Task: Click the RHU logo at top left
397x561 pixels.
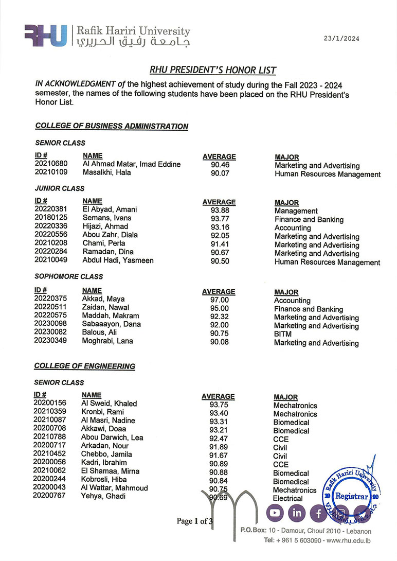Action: coord(46,36)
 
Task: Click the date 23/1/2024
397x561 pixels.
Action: coord(341,39)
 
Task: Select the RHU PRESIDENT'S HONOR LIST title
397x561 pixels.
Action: coord(213,70)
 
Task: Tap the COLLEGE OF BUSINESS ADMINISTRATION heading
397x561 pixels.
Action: coord(112,126)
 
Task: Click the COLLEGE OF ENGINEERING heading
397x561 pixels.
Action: coord(85,366)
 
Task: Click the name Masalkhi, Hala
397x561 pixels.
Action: coord(107,172)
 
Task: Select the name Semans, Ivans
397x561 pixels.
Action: coord(107,218)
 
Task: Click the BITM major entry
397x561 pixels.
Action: coord(283,335)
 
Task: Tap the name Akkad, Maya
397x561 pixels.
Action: coord(103,299)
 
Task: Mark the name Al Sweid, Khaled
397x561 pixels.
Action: coord(109,404)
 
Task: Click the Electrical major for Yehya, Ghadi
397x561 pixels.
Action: coord(288,498)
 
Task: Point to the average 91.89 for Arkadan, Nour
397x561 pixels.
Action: coord(218,446)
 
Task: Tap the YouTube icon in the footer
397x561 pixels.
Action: coord(275,513)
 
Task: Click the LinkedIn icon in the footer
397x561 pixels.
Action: coord(297,513)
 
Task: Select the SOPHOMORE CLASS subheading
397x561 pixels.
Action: coord(61,276)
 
